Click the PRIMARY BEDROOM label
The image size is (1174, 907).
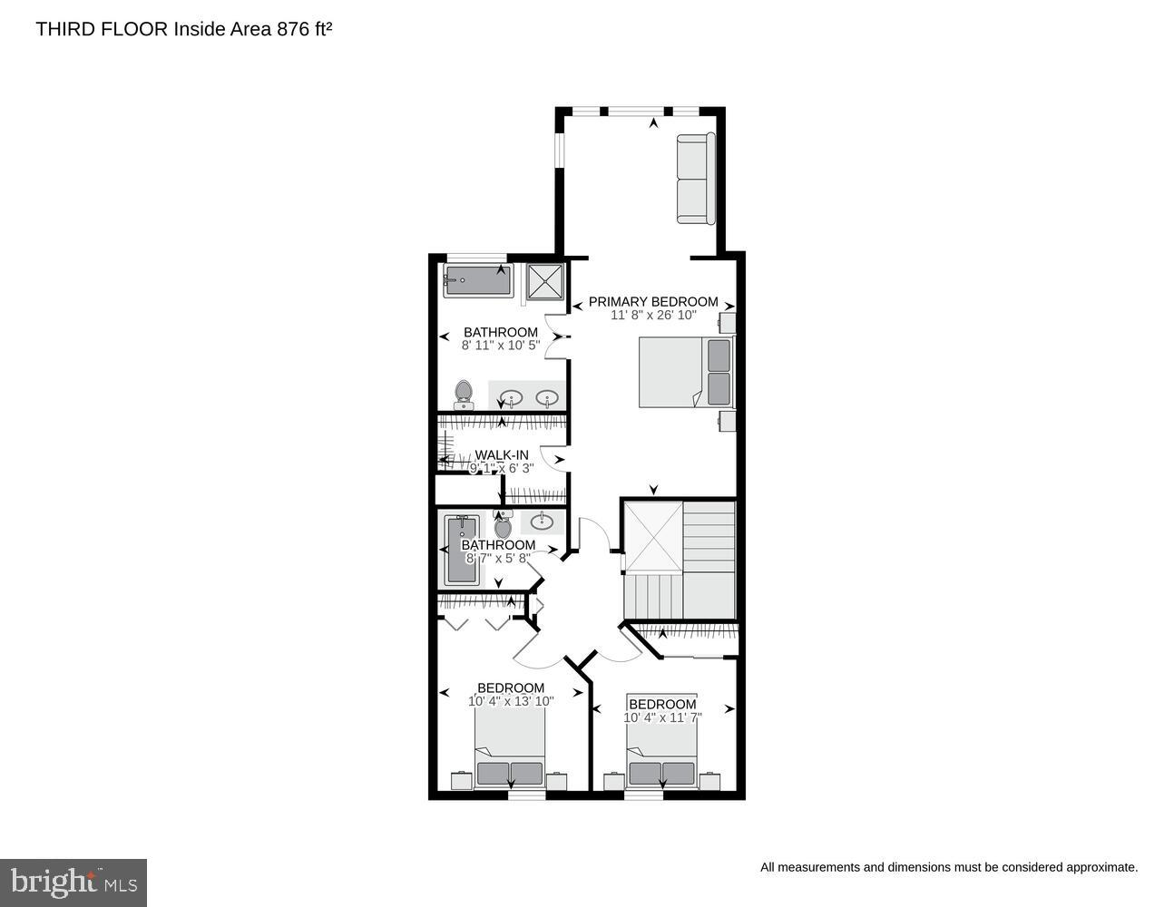(x=653, y=302)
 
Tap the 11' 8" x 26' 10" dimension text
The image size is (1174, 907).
(x=653, y=316)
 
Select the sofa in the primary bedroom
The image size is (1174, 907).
(x=695, y=178)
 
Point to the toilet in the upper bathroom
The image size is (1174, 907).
(x=464, y=395)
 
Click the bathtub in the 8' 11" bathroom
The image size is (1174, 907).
(x=477, y=280)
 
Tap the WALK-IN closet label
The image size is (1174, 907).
(x=502, y=455)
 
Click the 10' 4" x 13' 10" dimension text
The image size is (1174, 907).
(x=511, y=701)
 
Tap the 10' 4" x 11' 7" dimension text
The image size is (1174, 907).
(x=662, y=717)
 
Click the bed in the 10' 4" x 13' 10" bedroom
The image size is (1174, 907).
(x=510, y=748)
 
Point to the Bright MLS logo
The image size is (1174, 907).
(x=73, y=882)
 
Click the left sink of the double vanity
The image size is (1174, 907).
(x=512, y=397)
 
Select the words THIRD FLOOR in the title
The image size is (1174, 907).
(x=102, y=29)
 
